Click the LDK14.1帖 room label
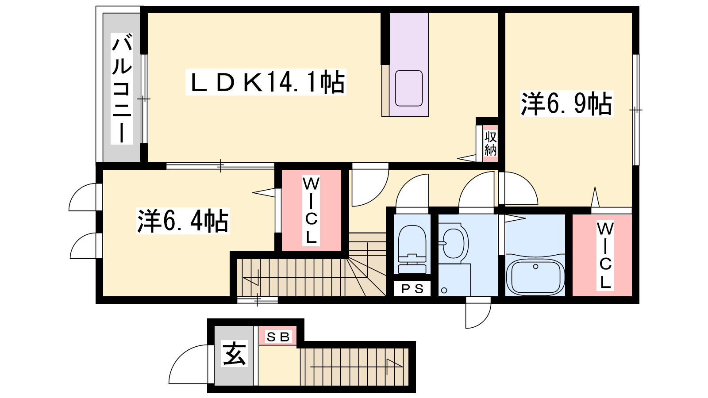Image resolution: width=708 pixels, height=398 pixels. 266,82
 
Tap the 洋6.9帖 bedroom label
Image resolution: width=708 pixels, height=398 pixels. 566,103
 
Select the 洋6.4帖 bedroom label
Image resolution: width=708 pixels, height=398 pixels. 183,221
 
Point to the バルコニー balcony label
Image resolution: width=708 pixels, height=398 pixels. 122,89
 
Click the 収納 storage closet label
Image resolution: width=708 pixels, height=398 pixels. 491,144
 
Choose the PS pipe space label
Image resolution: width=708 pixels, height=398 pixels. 412,289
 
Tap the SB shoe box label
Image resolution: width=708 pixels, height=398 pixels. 278,337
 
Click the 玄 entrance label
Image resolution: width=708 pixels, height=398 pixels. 234,353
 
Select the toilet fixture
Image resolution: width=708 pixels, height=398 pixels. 412,249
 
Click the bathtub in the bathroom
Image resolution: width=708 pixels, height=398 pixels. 535,277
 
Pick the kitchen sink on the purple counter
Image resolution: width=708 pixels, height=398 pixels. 409,88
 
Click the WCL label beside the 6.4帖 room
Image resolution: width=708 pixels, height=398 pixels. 311,210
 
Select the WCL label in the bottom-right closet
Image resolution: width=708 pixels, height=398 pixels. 605,256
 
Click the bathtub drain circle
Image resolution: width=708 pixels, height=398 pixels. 535,267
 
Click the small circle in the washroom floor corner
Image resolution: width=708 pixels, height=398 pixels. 444,290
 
